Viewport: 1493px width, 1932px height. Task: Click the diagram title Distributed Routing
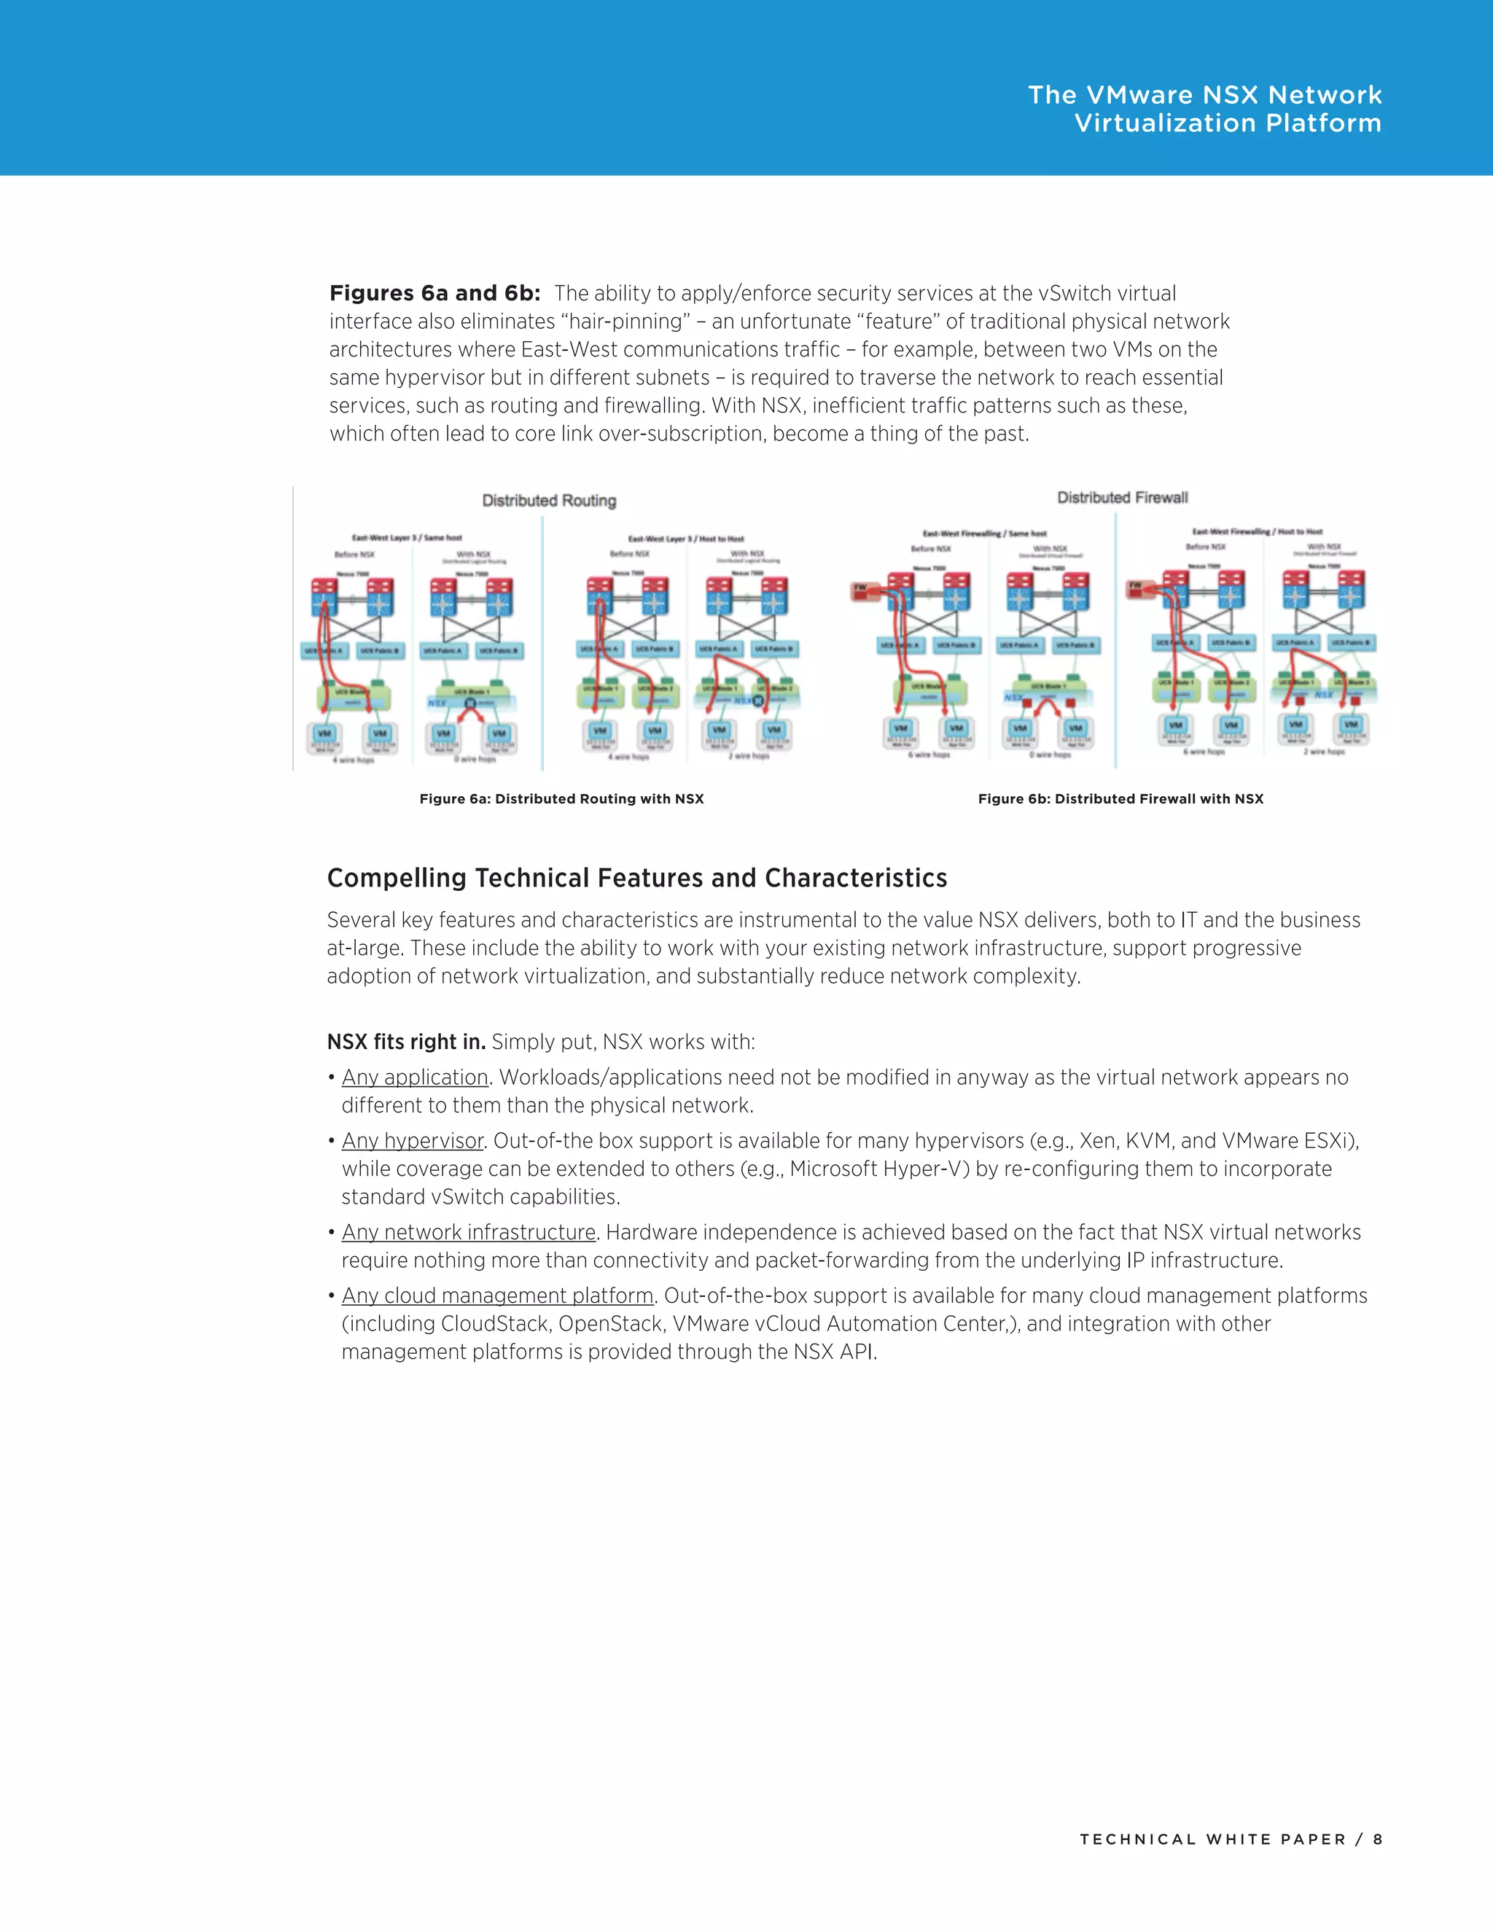[x=548, y=501]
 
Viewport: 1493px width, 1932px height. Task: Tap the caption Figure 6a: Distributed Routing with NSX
[x=561, y=799]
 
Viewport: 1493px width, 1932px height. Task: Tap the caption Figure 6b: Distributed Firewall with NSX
[x=1120, y=799]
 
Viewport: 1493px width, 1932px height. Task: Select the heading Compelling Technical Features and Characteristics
[x=637, y=878]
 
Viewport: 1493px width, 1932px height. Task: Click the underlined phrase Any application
[x=415, y=1078]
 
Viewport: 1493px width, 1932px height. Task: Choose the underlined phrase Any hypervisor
[x=412, y=1141]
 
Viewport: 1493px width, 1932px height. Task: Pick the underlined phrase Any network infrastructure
[x=469, y=1232]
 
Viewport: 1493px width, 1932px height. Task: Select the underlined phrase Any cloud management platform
[x=497, y=1296]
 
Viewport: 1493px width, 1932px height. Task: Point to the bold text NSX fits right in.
[x=406, y=1042]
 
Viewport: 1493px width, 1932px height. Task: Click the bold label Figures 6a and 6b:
[x=434, y=294]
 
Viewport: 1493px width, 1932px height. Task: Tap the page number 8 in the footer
[x=1377, y=1839]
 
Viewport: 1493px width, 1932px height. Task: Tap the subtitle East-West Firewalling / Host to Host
[x=1257, y=531]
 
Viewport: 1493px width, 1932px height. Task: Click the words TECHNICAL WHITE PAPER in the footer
[x=1212, y=1839]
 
